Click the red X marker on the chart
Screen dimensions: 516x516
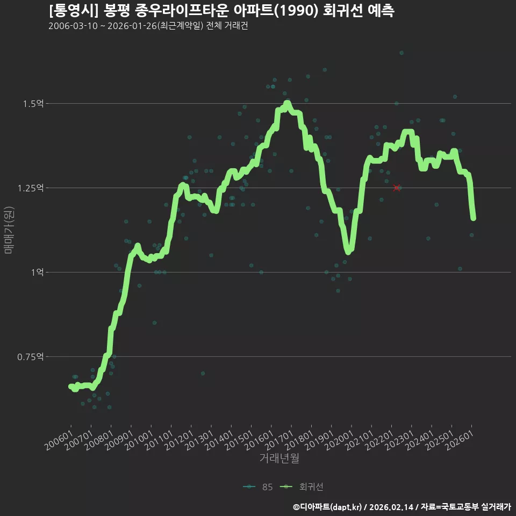pos(397,188)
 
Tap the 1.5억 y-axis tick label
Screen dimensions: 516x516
pos(33,104)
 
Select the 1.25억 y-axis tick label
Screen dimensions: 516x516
pos(30,188)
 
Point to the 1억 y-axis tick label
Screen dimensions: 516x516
pos(37,273)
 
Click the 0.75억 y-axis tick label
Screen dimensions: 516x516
pos(30,357)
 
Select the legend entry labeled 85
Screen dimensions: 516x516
pos(258,487)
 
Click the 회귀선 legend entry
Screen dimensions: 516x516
pos(302,487)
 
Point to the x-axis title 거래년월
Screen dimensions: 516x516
pos(279,458)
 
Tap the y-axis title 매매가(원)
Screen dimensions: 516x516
pos(9,230)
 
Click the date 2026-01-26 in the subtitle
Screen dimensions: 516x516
pos(132,26)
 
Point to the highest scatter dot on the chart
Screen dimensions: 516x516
pos(402,53)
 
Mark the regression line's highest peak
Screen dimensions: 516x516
pos(287,103)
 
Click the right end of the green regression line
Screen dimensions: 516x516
pos(473,218)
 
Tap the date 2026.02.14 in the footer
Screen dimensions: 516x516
pos(391,507)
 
